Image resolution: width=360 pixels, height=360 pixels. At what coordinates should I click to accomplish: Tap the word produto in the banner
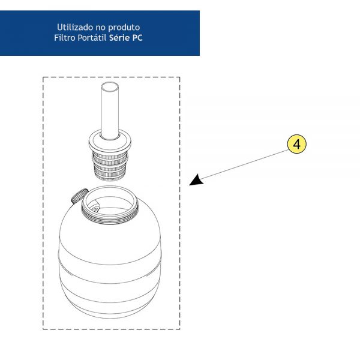(x=124, y=28)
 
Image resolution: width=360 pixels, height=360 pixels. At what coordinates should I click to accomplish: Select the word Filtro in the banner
(x=65, y=38)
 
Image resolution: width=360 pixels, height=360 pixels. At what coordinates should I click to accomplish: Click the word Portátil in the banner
(x=92, y=38)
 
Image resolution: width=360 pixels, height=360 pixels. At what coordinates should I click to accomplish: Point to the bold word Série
(x=119, y=38)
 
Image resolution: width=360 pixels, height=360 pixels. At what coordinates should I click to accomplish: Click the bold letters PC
(x=137, y=38)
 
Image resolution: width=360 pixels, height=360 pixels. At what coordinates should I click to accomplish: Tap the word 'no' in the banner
(x=101, y=28)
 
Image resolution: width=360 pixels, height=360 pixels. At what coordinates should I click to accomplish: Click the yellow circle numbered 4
(x=296, y=144)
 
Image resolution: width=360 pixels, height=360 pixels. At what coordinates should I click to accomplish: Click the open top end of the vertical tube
(x=110, y=87)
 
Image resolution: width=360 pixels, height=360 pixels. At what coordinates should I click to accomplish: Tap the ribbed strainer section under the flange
(x=110, y=166)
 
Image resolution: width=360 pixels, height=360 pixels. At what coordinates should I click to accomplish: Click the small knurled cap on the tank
(x=79, y=196)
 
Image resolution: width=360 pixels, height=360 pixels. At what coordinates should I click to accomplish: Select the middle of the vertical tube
(x=110, y=111)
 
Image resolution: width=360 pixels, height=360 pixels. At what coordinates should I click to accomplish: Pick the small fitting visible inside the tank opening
(x=95, y=209)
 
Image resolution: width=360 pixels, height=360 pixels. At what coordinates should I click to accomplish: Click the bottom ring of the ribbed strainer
(x=110, y=177)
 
